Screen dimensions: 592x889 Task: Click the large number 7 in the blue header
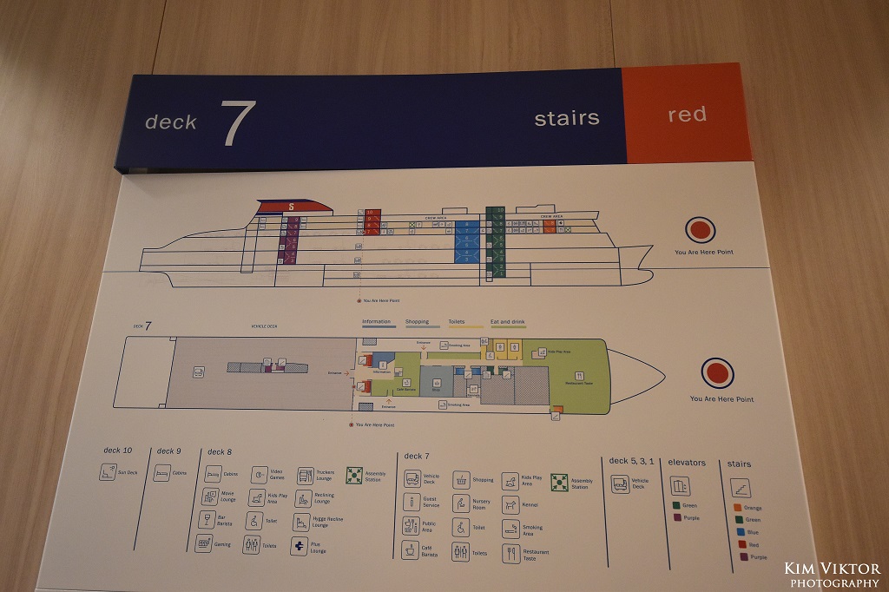tap(237, 122)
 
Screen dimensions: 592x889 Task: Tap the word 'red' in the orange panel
tap(687, 115)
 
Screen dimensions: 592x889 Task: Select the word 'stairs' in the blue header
tap(566, 118)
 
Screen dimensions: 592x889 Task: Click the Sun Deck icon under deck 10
tap(108, 472)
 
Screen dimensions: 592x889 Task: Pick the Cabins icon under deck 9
tap(161, 473)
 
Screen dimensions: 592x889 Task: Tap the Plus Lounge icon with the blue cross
tap(299, 546)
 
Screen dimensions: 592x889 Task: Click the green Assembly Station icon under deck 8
tap(354, 475)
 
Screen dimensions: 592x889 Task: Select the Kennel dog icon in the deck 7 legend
tap(510, 506)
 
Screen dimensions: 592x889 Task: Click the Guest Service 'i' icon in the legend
tap(411, 502)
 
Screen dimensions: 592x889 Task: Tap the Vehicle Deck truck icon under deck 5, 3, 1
tap(620, 484)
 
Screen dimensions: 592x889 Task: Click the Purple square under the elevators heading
tap(677, 517)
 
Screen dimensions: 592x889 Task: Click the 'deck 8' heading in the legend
tap(219, 451)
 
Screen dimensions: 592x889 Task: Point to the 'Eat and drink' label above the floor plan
tap(507, 322)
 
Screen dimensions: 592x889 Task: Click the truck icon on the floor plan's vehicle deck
tap(199, 372)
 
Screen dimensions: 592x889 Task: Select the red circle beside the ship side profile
tap(700, 230)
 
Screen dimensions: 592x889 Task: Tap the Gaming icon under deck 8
tap(204, 543)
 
